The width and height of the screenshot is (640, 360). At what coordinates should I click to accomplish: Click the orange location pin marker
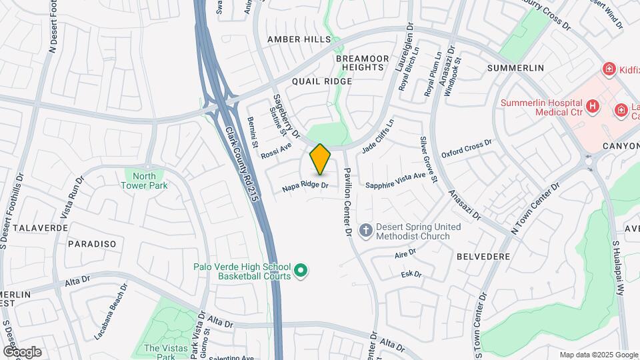pos(321,159)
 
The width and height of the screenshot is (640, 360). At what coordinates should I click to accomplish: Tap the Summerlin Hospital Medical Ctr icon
pos(591,106)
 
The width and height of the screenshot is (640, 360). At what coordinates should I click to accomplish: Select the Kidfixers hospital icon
pos(608,69)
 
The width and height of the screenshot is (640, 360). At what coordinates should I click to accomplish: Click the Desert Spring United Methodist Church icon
pos(365,231)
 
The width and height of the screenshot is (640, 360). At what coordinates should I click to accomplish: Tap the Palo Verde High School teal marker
pos(301,270)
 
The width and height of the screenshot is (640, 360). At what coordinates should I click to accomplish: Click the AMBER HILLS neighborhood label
pos(294,40)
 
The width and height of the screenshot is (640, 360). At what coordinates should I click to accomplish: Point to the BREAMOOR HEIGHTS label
pos(361,63)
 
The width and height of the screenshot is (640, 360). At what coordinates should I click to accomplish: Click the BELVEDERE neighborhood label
pos(483,256)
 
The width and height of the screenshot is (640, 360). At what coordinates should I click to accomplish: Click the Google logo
pos(21,352)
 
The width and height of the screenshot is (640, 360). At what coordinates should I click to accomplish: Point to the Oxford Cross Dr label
pos(471,147)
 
